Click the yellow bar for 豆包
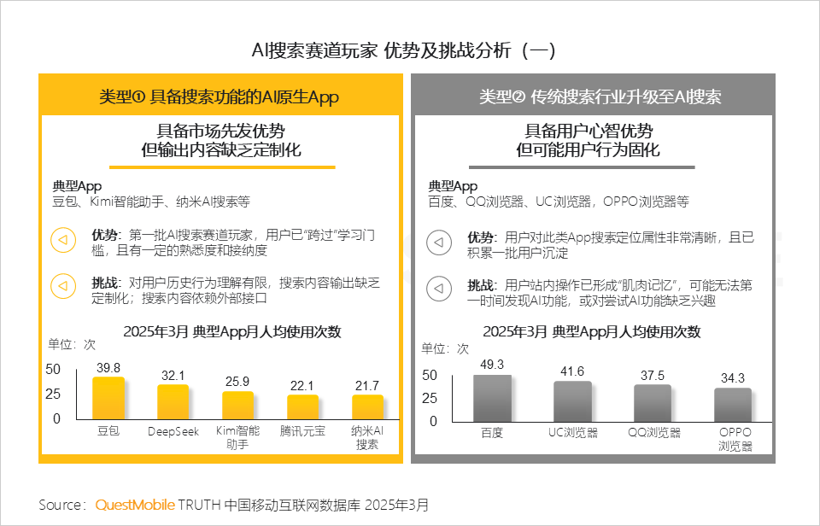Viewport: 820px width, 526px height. click(x=108, y=398)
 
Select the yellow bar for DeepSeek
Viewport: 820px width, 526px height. click(x=173, y=401)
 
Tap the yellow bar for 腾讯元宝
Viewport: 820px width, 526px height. click(x=302, y=406)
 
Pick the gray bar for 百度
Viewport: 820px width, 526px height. click(x=492, y=398)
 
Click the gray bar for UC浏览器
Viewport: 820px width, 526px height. click(x=572, y=400)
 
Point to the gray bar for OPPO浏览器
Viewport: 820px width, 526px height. click(x=733, y=404)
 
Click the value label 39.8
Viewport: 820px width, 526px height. click(x=108, y=367)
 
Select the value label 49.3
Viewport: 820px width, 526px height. click(x=492, y=365)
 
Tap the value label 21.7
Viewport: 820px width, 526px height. click(x=367, y=386)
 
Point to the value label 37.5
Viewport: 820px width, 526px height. click(x=653, y=376)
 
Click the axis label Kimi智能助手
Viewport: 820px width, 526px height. click(x=238, y=438)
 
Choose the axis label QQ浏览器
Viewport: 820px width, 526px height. click(x=653, y=433)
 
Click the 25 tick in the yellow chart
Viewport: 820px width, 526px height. click(x=52, y=394)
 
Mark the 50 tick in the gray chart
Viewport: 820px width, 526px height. click(x=429, y=375)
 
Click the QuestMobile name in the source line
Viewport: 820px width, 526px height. click(x=135, y=505)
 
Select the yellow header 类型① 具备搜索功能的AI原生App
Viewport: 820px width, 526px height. click(x=220, y=96)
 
